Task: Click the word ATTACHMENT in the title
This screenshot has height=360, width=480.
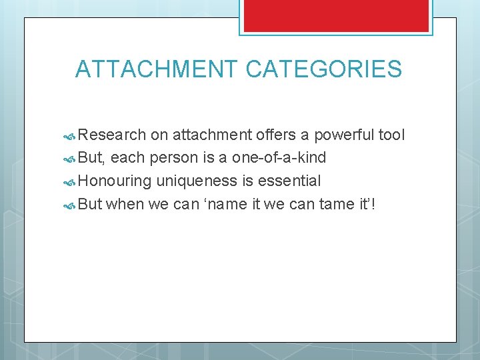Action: tap(156, 69)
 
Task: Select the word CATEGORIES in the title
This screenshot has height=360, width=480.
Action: tap(324, 69)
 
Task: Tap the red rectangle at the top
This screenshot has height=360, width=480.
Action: tap(335, 15)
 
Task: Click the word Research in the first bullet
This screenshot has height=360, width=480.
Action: tap(112, 135)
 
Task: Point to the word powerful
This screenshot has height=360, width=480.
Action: tap(345, 135)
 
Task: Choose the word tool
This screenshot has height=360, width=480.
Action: tap(391, 135)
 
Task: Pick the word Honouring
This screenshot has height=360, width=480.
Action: tap(115, 181)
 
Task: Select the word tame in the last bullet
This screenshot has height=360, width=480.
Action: tap(337, 203)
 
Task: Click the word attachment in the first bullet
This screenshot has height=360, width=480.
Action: tap(212, 135)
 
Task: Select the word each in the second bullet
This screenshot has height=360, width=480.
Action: tap(128, 158)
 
